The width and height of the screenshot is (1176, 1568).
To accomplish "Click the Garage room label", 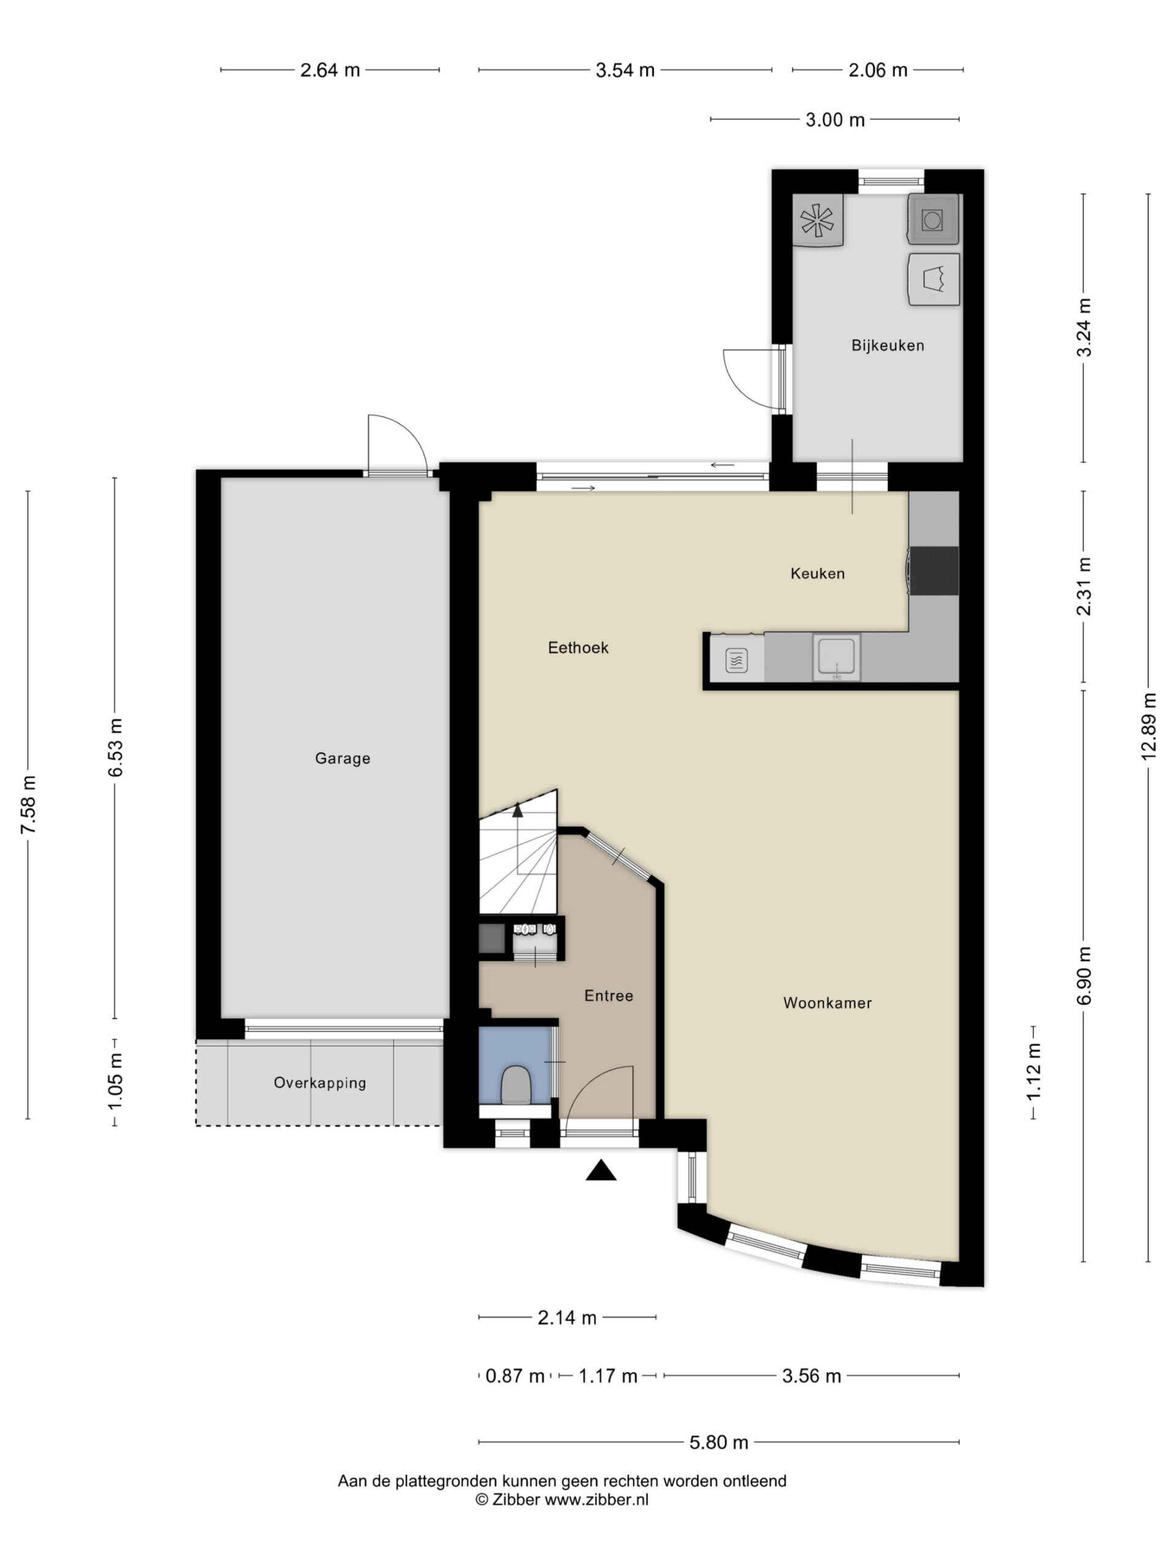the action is pyautogui.click(x=342, y=758).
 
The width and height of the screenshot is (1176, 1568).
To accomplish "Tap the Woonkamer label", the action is pyautogui.click(x=827, y=1003).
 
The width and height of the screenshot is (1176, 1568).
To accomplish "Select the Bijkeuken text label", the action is pyautogui.click(x=888, y=346).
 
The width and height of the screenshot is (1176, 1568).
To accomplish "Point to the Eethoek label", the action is pyautogui.click(x=578, y=648).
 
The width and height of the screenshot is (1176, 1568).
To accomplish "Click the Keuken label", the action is pyautogui.click(x=817, y=573).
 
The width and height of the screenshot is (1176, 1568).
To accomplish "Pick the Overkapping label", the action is pyautogui.click(x=320, y=1083).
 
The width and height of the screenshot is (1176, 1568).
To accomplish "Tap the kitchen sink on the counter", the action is pyautogui.click(x=837, y=658).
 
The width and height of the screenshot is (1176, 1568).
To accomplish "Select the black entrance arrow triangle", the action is pyautogui.click(x=600, y=1170).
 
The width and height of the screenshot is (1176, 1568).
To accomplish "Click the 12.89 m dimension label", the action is pyautogui.click(x=1148, y=726).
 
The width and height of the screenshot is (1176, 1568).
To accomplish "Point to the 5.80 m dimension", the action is pyautogui.click(x=719, y=1442).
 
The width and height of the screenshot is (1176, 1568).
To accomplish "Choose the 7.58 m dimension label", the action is pyautogui.click(x=28, y=805).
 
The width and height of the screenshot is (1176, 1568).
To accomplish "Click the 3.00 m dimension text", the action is pyautogui.click(x=835, y=120).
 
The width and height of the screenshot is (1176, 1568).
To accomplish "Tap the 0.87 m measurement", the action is pyautogui.click(x=514, y=1376).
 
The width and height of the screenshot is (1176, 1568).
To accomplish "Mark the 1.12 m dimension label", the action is pyautogui.click(x=1033, y=1072).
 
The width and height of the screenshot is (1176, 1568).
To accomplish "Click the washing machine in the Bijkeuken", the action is pyautogui.click(x=933, y=221).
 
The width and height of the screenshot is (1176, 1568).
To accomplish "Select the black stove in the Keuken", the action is pyautogui.click(x=934, y=571).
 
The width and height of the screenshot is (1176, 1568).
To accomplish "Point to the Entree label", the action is pyautogui.click(x=608, y=996).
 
